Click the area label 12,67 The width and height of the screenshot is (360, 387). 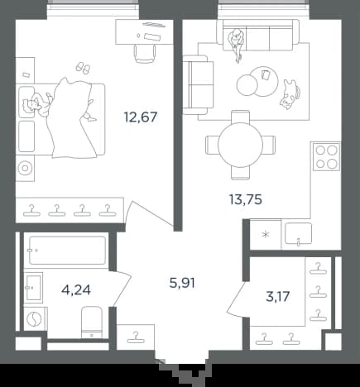click(x=141, y=117)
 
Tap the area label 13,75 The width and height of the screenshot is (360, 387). click(x=246, y=199)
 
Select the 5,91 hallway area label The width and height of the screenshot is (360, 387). click(x=182, y=283)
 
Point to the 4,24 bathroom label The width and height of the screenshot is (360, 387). click(x=76, y=290)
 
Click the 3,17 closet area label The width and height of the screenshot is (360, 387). click(x=278, y=297)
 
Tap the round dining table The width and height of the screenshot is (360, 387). click(x=240, y=145)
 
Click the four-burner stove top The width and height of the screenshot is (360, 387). click(x=327, y=157)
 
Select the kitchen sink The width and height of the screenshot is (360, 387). click(x=299, y=234)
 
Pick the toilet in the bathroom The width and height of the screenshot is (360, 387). click(x=92, y=322)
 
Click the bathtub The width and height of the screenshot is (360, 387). click(x=68, y=251)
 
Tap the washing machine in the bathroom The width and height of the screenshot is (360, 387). click(x=35, y=318)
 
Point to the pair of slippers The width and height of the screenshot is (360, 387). click(x=83, y=68)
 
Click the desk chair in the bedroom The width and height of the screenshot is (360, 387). click(x=145, y=54)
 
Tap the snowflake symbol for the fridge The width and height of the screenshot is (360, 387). click(x=266, y=235)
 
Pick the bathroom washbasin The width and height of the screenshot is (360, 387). click(x=33, y=288)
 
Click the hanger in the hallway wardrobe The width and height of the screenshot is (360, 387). click(x=136, y=338)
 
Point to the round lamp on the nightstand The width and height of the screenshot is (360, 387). click(x=25, y=168)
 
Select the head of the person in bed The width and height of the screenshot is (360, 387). click(x=28, y=106)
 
